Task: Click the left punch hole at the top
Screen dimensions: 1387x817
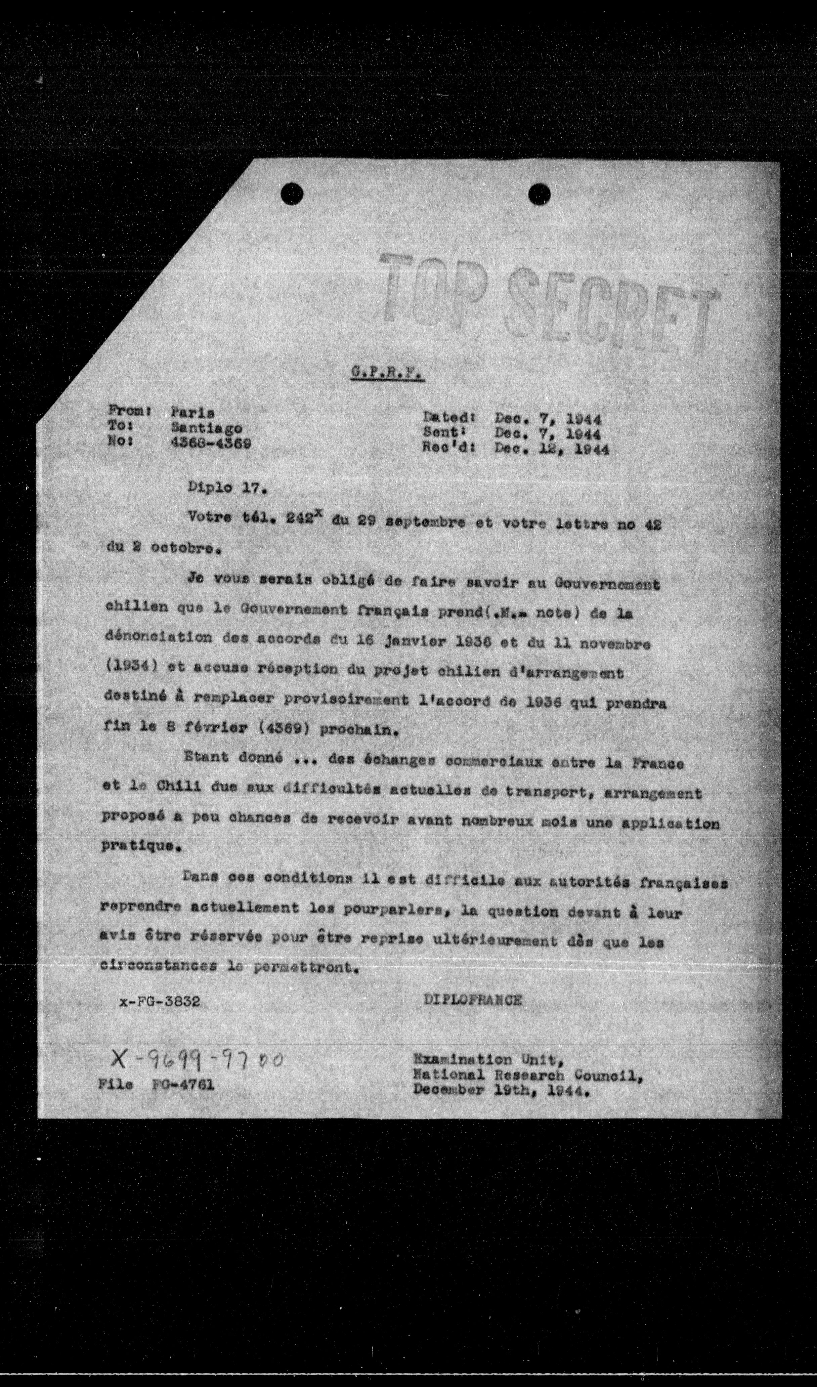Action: pos(291,194)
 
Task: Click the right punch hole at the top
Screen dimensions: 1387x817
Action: pos(540,194)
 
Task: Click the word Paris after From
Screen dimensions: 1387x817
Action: pos(193,412)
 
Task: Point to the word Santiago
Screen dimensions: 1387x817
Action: pos(206,427)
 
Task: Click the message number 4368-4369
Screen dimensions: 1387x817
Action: pos(211,443)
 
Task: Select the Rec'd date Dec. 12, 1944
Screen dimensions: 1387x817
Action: pos(552,449)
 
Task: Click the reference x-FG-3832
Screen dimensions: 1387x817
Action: pos(159,1002)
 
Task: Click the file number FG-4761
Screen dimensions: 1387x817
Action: pos(185,1085)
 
